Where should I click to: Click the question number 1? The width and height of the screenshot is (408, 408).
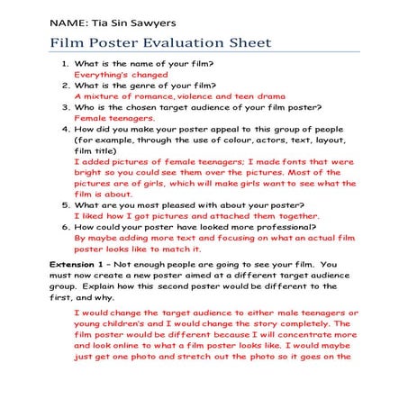66,63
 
